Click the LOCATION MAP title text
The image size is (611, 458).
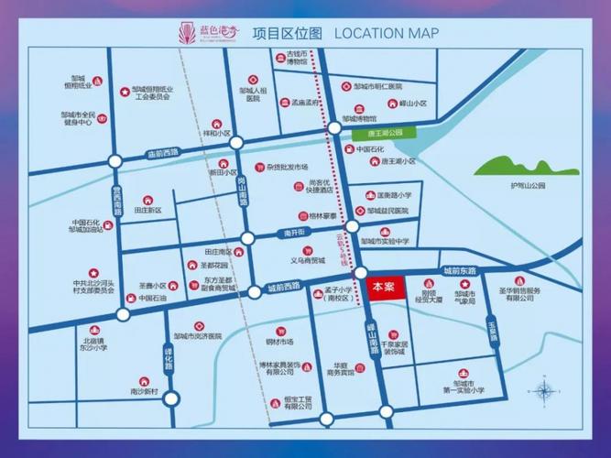(386, 34)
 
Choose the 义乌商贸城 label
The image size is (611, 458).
(309, 260)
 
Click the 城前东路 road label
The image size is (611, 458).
(460, 272)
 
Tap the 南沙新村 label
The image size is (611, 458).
(144, 392)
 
